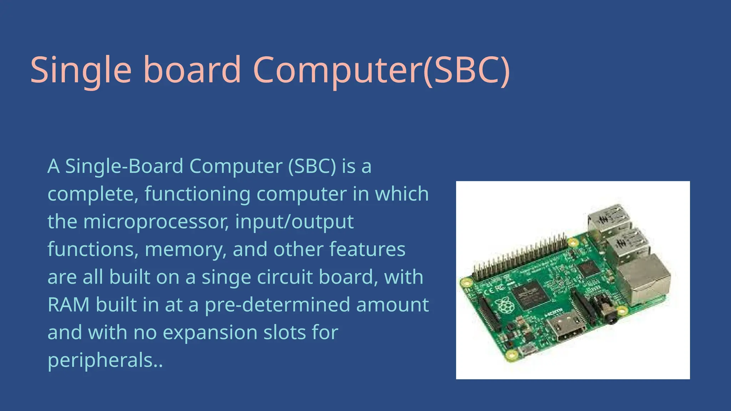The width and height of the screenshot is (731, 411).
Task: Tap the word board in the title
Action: (192, 70)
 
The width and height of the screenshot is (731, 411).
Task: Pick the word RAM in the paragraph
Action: (69, 305)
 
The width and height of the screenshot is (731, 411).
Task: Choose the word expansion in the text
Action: (210, 333)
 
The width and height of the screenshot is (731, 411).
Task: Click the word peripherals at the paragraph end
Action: (101, 360)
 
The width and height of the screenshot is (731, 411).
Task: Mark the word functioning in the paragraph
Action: (197, 194)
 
